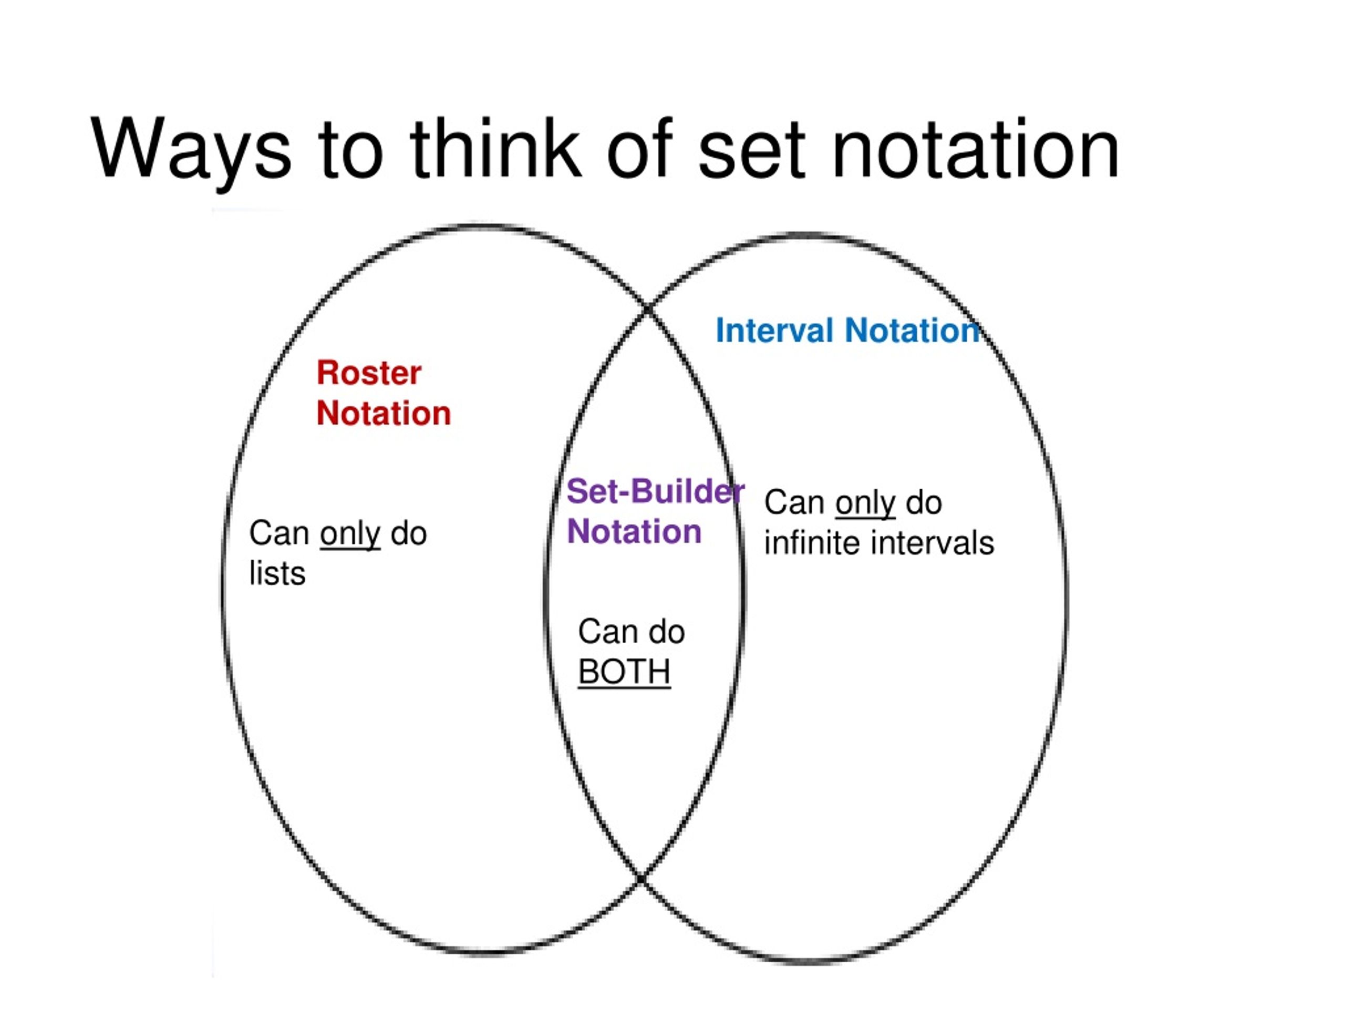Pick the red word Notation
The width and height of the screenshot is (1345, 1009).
point(384,413)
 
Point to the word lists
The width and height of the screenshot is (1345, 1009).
point(277,573)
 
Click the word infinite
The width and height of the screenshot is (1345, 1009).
point(812,542)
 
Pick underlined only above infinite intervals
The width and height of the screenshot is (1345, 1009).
point(865,503)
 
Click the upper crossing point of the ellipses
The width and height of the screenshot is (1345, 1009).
point(648,309)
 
